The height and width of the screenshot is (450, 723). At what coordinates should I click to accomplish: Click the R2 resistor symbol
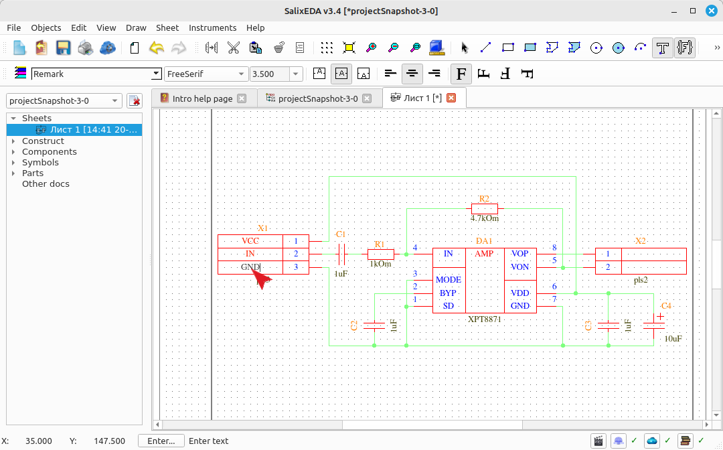pyautogui.click(x=484, y=208)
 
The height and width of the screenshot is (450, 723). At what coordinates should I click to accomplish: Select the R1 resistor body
pyautogui.click(x=380, y=254)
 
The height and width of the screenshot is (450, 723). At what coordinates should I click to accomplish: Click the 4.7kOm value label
pyautogui.click(x=485, y=218)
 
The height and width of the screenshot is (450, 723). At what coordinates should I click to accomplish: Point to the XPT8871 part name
pyautogui.click(x=484, y=319)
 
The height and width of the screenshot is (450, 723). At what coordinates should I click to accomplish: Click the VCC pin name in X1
pyautogui.click(x=250, y=240)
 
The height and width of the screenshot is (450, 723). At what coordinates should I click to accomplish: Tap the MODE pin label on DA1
pyautogui.click(x=448, y=280)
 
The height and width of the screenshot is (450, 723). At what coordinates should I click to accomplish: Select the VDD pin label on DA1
pyautogui.click(x=519, y=293)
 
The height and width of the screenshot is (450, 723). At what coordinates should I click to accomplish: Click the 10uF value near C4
pyautogui.click(x=673, y=338)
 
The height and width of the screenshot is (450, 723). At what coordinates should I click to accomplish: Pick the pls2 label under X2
pyautogui.click(x=641, y=280)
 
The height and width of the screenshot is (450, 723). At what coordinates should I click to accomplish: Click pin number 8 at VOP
pyautogui.click(x=554, y=248)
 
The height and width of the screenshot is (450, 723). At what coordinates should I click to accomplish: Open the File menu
pyautogui.click(x=14, y=27)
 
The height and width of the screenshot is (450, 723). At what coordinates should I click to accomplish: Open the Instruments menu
pyautogui.click(x=213, y=27)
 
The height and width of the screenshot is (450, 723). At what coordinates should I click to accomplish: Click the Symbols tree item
pyautogui.click(x=40, y=162)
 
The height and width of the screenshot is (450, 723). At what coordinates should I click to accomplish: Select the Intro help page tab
pyautogui.click(x=202, y=98)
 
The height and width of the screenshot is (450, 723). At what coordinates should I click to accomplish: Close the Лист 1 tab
pyautogui.click(x=451, y=98)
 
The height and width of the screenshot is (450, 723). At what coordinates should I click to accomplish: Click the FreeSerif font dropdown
pyautogui.click(x=206, y=74)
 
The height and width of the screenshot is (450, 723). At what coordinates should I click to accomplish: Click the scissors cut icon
pyautogui.click(x=234, y=48)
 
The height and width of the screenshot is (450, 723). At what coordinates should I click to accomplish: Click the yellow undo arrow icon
pyautogui.click(x=157, y=48)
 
